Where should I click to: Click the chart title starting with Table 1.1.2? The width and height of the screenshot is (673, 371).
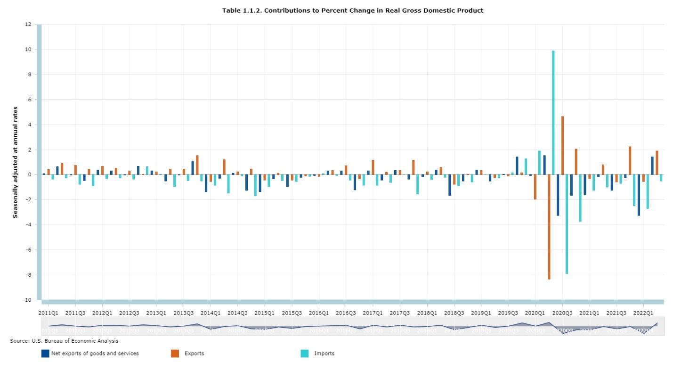pos(353,10)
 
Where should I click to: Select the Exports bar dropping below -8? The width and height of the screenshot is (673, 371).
pos(549,227)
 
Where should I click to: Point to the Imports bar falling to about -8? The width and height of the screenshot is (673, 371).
pos(567,224)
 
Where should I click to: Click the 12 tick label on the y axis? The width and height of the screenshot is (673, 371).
pos(28,25)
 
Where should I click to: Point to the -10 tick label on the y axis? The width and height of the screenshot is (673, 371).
pos(27,300)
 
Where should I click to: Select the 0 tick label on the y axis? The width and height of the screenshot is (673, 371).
pos(29,175)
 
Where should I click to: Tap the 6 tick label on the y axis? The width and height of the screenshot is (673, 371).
pos(29,100)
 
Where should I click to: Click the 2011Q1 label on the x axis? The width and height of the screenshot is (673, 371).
pos(48,313)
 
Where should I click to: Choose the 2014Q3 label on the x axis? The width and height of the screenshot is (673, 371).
pos(237,313)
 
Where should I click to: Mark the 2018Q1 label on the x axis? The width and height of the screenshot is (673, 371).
pos(427,313)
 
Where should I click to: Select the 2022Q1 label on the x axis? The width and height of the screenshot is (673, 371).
pos(643,313)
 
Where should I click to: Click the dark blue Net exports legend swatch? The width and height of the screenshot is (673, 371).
pos(45,353)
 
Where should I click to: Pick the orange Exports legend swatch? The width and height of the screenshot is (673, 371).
pos(175,353)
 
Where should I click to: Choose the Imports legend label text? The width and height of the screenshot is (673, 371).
pos(324,353)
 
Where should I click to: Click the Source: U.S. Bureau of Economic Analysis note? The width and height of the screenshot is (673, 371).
pos(64,340)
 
